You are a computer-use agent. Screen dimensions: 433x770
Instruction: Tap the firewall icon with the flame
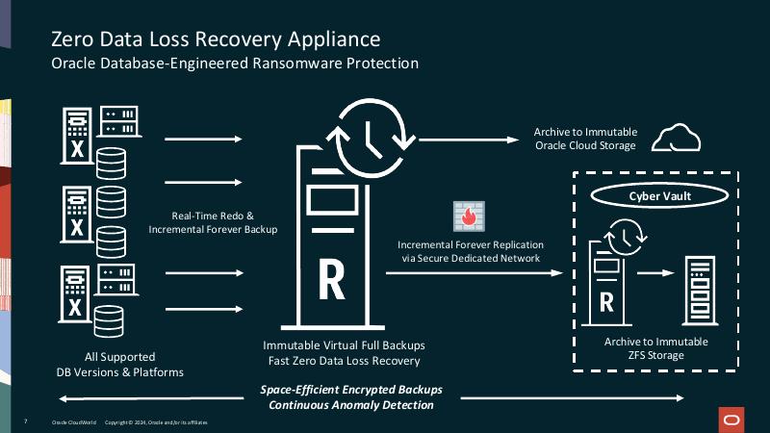point(469,216)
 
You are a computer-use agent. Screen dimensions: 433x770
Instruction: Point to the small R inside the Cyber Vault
point(607,301)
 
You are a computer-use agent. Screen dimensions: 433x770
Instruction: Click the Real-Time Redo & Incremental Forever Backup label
point(213,222)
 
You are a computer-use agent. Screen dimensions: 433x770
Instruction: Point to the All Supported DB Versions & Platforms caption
point(120,364)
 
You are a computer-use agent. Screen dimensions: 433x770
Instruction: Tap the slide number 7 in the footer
point(25,422)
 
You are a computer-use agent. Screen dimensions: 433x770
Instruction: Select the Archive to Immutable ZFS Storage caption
point(655,348)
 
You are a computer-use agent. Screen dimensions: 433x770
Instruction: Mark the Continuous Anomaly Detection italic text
point(350,406)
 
